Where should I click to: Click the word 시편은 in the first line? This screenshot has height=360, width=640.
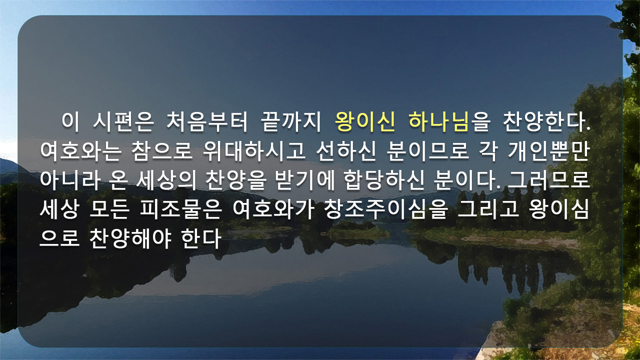tap(123, 122)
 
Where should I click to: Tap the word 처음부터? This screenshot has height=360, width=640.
tap(206, 122)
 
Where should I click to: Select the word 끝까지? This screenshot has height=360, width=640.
tap(291, 122)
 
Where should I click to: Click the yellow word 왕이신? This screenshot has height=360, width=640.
tap(365, 122)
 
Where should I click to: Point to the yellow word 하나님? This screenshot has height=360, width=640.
tap(439, 122)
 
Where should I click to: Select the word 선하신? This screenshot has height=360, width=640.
tap(346, 151)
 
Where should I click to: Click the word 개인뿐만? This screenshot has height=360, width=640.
tap(548, 151)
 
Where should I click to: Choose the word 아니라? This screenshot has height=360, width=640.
tap(70, 180)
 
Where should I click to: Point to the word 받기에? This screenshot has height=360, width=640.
tap(304, 180)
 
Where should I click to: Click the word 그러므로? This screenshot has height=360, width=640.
tap(548, 180)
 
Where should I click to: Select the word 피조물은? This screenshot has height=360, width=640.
tap(181, 209)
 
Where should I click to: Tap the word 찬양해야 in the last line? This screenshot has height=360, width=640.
tap(130, 238)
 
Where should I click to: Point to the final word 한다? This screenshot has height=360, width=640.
tap(201, 238)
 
